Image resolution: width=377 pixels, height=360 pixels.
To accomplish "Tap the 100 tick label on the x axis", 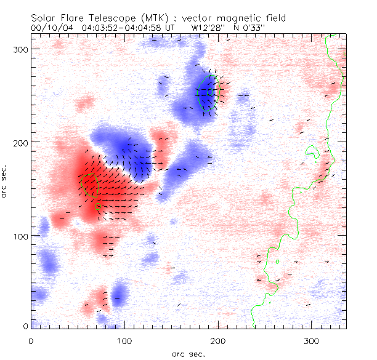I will pos(124,340).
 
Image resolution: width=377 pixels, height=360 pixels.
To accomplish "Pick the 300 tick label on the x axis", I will pos(312,340).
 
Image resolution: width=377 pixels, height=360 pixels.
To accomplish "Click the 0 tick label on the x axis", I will pos(31,340).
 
